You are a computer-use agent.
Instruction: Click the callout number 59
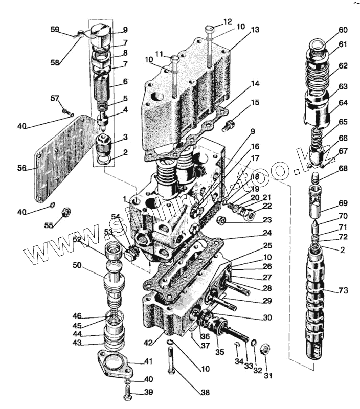(x=55, y=30)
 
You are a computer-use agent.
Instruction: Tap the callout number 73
(x=343, y=291)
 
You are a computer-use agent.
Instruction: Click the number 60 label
(x=343, y=30)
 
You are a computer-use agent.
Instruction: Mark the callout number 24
(x=268, y=233)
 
